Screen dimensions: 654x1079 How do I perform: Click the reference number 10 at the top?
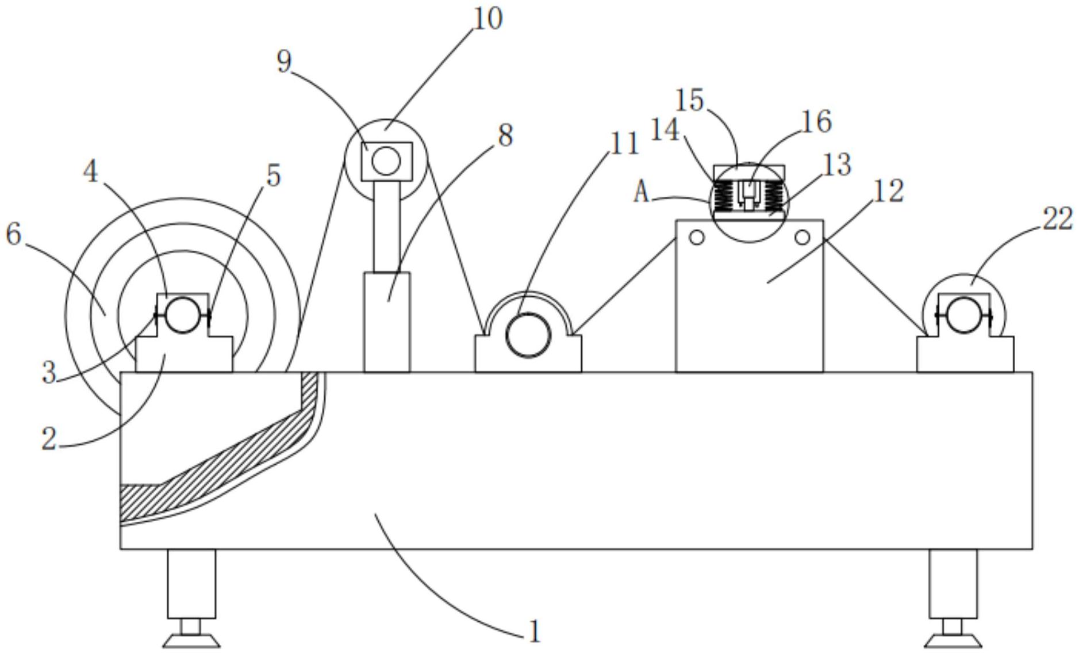pos(487,18)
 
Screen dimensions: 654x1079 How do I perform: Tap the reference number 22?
pos(1057,220)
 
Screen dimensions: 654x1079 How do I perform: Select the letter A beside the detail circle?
pos(641,192)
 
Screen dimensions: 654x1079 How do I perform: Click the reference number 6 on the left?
pos(14,234)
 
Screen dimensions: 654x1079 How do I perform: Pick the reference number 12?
pos(888,191)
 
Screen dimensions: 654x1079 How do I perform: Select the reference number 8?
pos(505,136)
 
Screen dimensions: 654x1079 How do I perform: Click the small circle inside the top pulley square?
pos(386,160)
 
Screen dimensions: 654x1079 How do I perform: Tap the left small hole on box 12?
pos(696,237)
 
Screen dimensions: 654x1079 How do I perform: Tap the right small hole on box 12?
pos(802,237)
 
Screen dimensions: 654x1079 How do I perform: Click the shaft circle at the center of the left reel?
pos(182,315)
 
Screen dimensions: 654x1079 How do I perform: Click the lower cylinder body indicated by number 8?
pos(387,322)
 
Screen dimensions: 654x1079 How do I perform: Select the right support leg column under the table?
pos(953,583)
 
